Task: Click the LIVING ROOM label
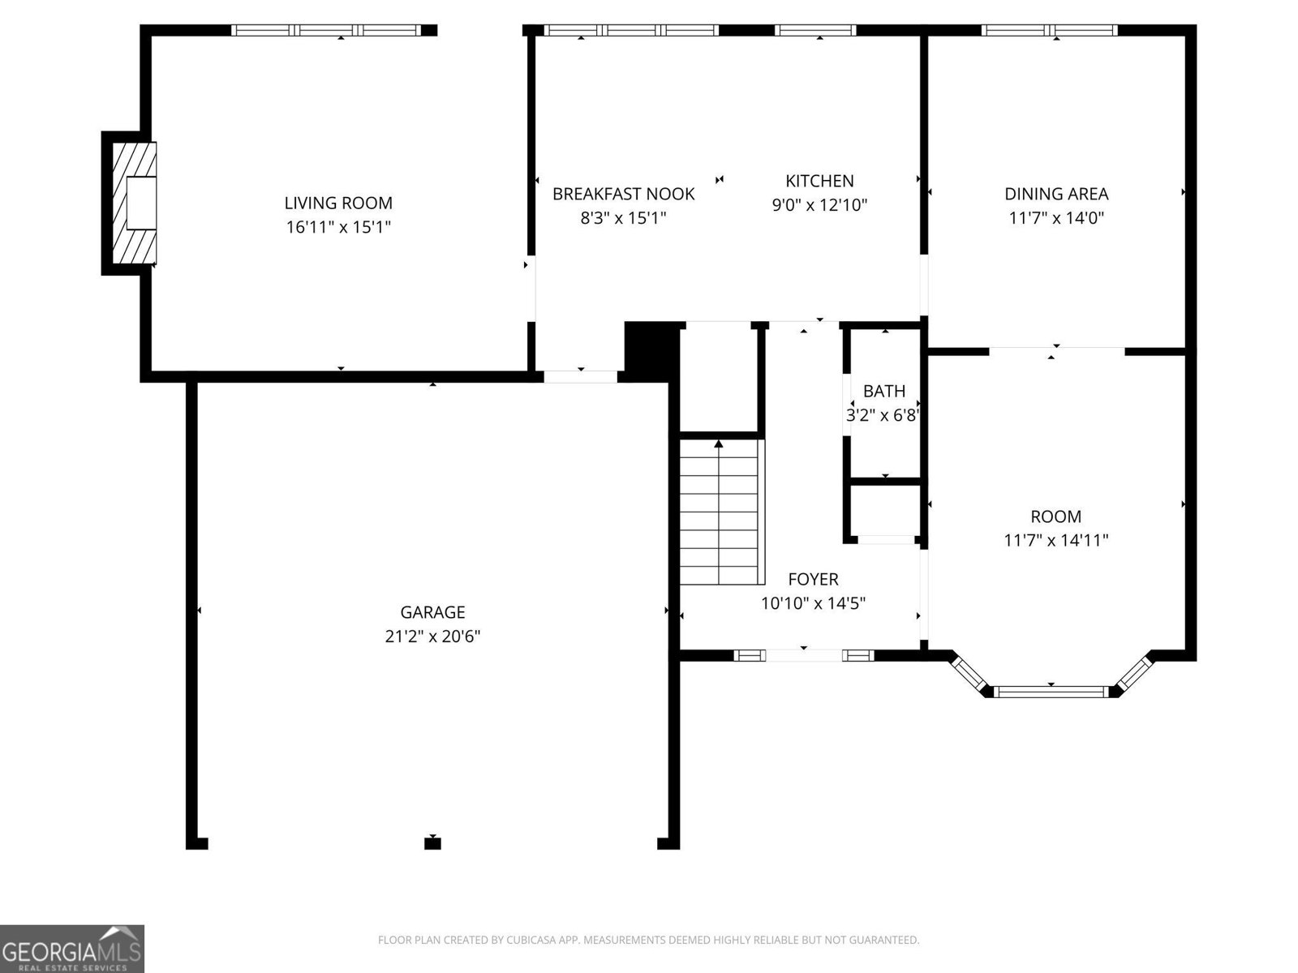click(x=338, y=204)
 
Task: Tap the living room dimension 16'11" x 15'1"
click(x=338, y=227)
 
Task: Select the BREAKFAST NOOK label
click(x=623, y=194)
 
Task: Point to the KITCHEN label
click(x=819, y=181)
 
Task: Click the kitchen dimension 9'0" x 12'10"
click(x=819, y=205)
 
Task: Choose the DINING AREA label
click(x=1056, y=194)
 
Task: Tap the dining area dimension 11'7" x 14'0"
click(x=1056, y=218)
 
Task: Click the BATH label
click(x=884, y=391)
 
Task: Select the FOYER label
click(x=813, y=579)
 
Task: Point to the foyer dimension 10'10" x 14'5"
click(x=813, y=603)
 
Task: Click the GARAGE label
click(x=432, y=612)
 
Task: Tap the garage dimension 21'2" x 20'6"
click(x=432, y=637)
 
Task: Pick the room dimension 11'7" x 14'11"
click(x=1056, y=541)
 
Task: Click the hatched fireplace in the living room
click(x=135, y=204)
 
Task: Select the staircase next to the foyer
click(x=719, y=512)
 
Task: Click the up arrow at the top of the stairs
click(x=719, y=444)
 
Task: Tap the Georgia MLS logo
click(x=71, y=948)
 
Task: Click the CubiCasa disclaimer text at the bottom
click(x=649, y=940)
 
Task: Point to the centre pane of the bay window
click(x=1051, y=692)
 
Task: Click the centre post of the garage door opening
click(x=433, y=843)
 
